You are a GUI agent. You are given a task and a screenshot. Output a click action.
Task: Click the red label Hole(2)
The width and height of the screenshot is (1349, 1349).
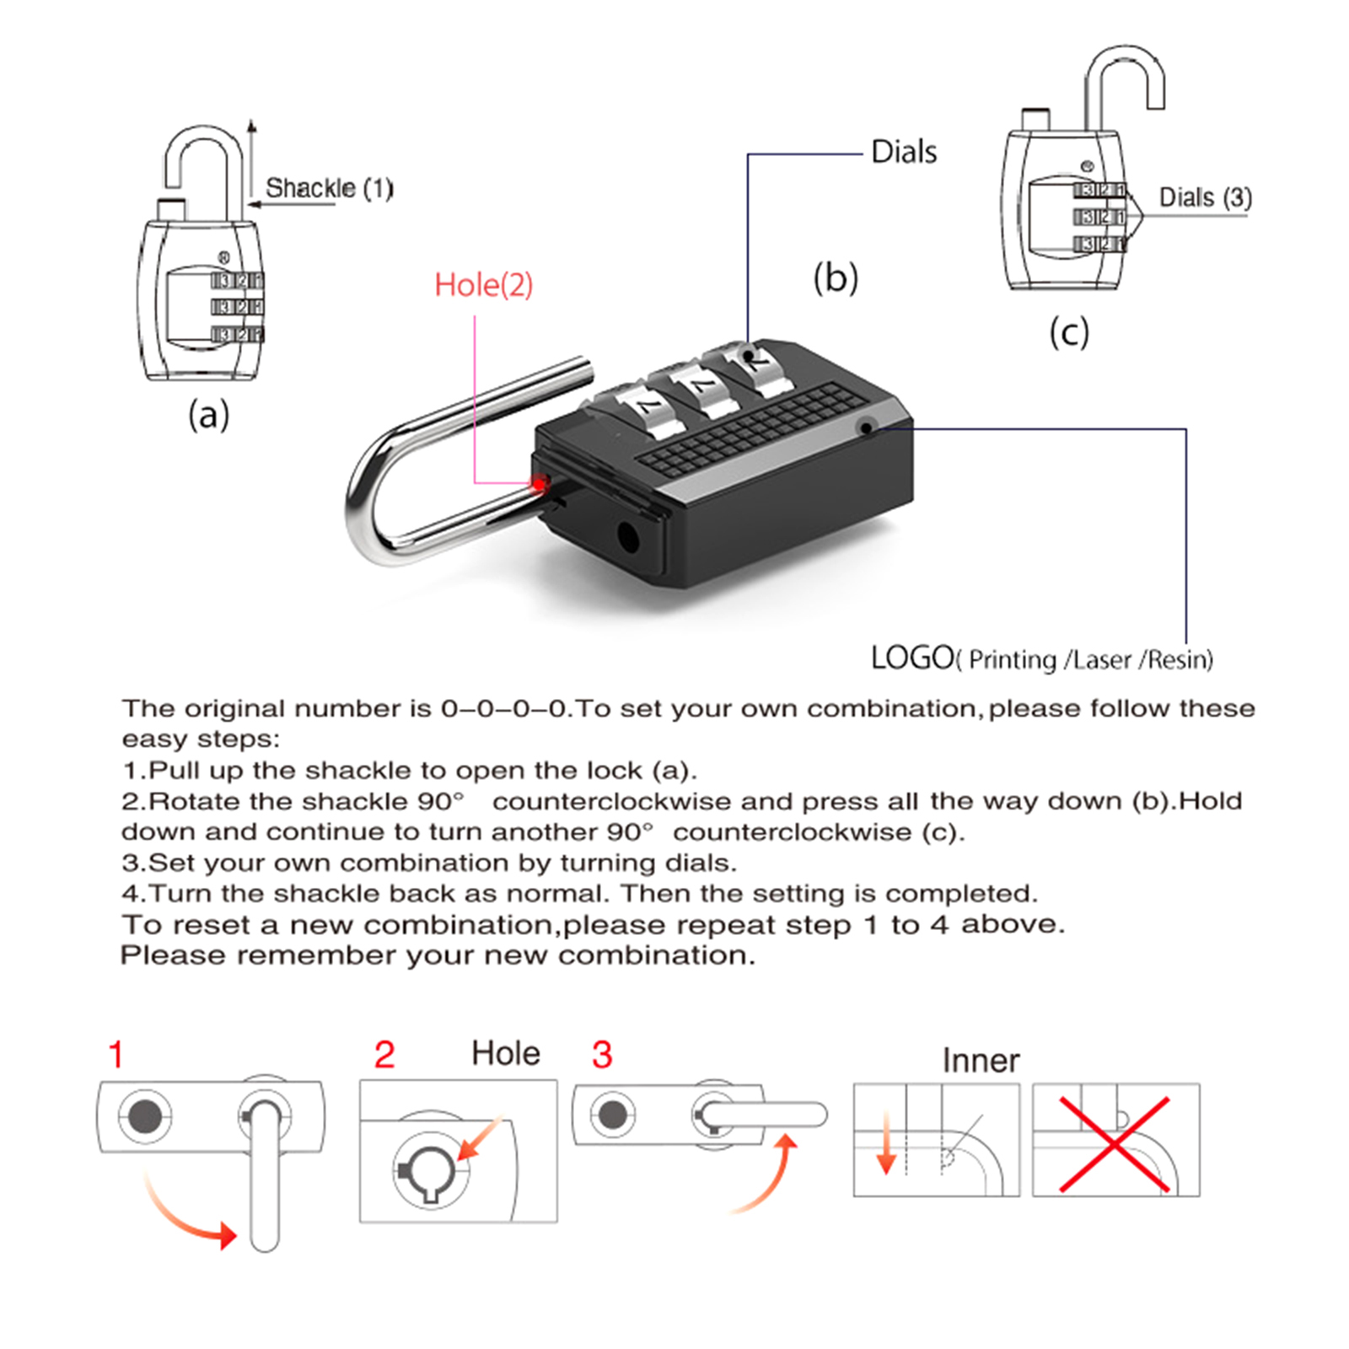[x=483, y=285]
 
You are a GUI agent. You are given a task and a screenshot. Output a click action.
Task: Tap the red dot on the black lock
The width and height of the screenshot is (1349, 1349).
[x=538, y=484]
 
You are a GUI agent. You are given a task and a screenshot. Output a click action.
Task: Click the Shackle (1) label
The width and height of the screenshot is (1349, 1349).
[x=329, y=188]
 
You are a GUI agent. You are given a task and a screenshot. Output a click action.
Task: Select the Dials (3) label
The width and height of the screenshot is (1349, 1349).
[x=1205, y=197]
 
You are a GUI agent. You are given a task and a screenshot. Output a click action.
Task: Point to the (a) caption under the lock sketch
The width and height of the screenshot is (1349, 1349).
[x=208, y=415]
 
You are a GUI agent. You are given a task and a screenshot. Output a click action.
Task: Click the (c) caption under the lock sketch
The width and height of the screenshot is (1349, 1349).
[x=1069, y=332]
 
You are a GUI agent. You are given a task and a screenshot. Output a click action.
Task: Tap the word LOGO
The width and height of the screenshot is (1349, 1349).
[x=911, y=658]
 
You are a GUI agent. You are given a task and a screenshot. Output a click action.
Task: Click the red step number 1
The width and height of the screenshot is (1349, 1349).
[x=116, y=1055]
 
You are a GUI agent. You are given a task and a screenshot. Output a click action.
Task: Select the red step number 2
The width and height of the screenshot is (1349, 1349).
[x=384, y=1055]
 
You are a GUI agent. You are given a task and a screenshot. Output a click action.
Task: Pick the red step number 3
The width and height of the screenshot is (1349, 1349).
[x=602, y=1055]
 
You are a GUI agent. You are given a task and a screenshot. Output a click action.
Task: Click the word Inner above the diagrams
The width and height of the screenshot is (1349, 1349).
[x=981, y=1061]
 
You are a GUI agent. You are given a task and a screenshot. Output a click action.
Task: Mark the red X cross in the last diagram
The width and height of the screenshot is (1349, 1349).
[x=1115, y=1144]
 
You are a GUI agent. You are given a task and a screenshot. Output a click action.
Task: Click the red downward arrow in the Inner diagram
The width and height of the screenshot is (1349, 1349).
[x=885, y=1143]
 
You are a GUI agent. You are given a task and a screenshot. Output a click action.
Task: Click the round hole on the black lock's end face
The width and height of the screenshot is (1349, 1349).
[x=628, y=537]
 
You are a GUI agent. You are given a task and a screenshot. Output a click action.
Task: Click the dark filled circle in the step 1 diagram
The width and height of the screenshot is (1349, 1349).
[x=144, y=1117]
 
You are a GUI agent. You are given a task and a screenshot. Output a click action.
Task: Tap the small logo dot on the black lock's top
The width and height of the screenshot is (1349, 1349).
[x=865, y=428]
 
